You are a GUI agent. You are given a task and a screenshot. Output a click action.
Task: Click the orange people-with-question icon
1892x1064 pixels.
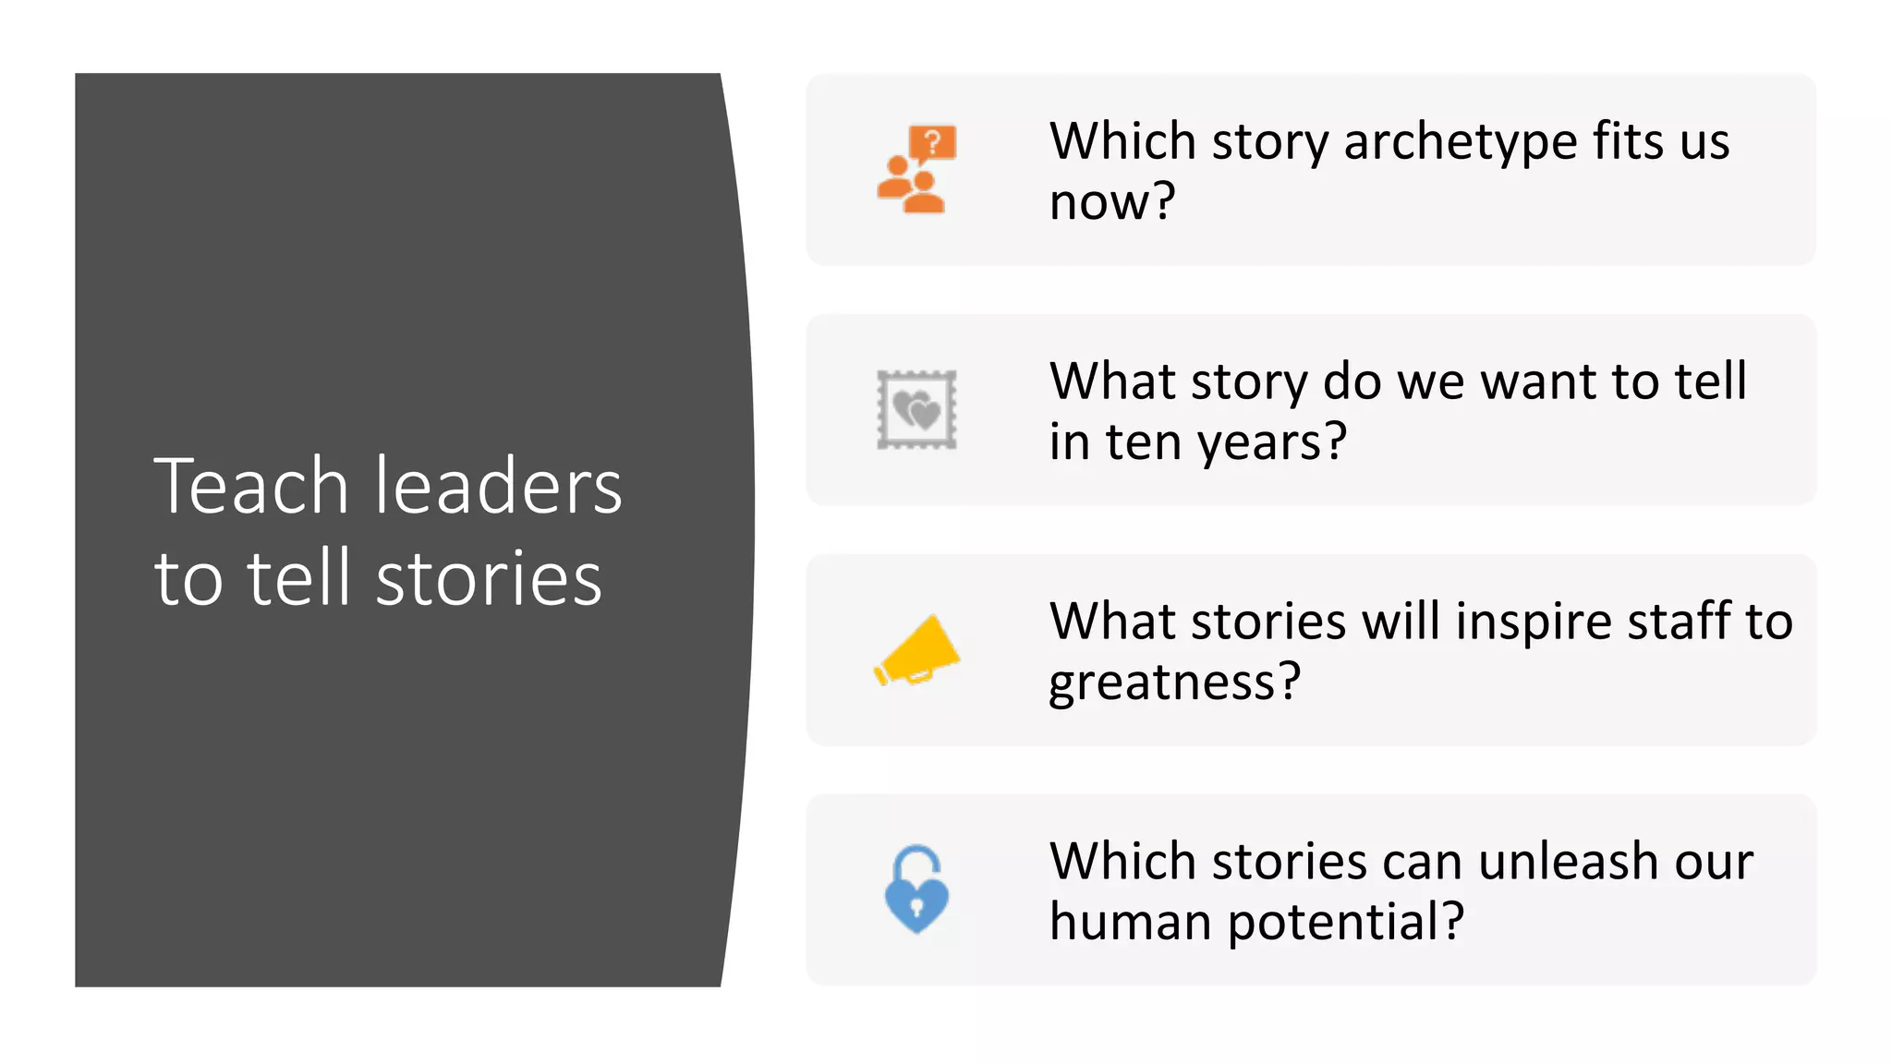point(916,170)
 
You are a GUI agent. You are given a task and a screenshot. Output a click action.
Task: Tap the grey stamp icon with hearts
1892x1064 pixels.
point(916,410)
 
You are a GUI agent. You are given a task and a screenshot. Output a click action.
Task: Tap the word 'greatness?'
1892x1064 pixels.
point(1174,682)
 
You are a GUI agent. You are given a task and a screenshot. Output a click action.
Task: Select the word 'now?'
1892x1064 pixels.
point(1112,202)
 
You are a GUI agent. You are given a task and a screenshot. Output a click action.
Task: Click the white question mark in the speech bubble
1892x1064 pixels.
point(933,142)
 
